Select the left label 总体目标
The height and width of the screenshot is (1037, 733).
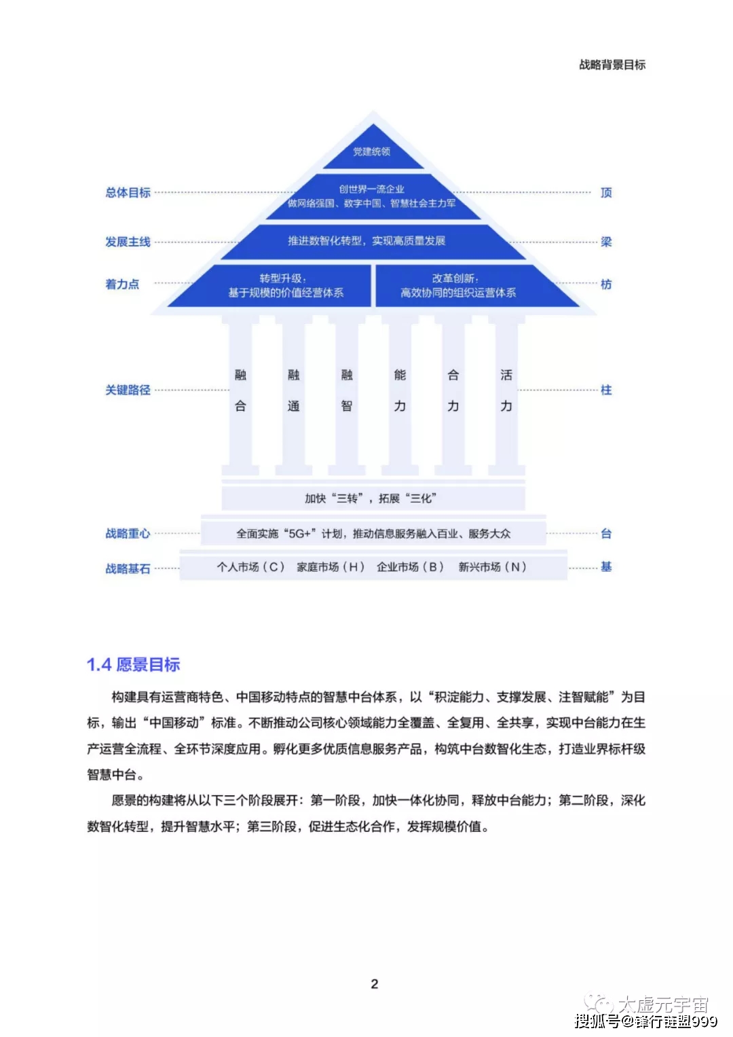pos(128,193)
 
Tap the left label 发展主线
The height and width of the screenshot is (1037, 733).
pos(128,242)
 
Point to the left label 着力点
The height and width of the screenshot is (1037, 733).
pos(122,285)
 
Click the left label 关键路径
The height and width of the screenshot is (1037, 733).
pos(128,390)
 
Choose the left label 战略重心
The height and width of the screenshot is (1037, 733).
pos(128,533)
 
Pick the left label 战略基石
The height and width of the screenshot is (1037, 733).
pos(128,568)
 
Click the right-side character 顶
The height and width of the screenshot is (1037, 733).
pos(605,193)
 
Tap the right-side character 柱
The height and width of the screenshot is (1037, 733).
pos(605,390)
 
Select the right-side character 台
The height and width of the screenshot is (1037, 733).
pos(605,533)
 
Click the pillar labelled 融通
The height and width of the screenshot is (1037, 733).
pos(293,395)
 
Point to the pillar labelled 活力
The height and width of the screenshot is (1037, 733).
pos(506,395)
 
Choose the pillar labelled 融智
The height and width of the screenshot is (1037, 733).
pos(347,395)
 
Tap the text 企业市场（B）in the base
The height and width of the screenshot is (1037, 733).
pos(410,566)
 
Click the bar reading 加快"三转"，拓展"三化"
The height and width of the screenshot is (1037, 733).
pos(373,498)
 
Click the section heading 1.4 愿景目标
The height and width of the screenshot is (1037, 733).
pos(133,664)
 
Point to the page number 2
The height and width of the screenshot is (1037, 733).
pos(375,984)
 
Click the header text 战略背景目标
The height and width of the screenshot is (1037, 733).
pos(612,65)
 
